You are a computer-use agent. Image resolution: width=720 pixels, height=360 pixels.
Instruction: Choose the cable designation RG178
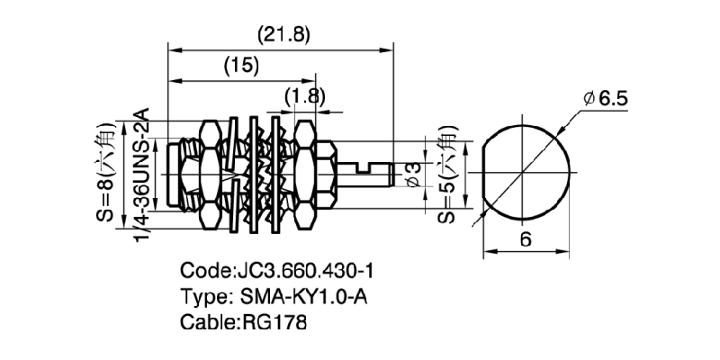click(x=275, y=319)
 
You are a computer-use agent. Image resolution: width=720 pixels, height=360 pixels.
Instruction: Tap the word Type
click(x=204, y=294)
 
